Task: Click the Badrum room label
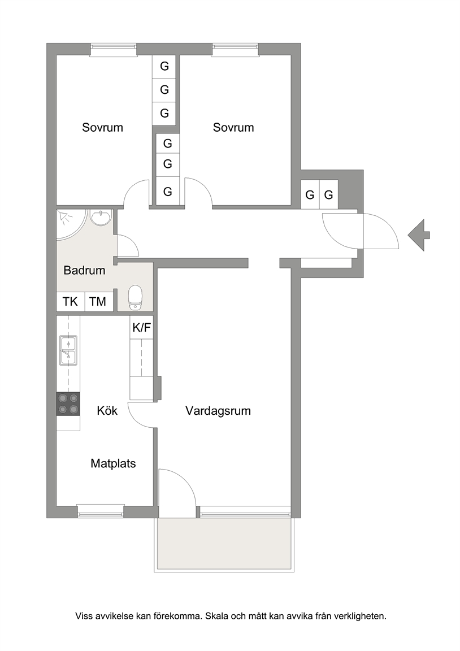[x=84, y=270]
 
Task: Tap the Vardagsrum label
[x=218, y=411]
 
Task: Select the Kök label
[x=107, y=411]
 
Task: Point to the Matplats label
[x=114, y=463]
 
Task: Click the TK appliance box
[x=71, y=301]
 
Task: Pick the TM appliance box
[x=98, y=301]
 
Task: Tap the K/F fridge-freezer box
[x=142, y=328]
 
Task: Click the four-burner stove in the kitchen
[x=68, y=404]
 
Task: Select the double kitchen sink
[x=68, y=350]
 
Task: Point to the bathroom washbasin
[x=101, y=217]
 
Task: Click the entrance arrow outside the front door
[x=419, y=235]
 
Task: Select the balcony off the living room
[x=224, y=545]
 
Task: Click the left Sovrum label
[x=102, y=128]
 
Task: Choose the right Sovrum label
[x=233, y=128]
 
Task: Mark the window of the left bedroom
[x=114, y=49]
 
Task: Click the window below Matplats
[x=101, y=511]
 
